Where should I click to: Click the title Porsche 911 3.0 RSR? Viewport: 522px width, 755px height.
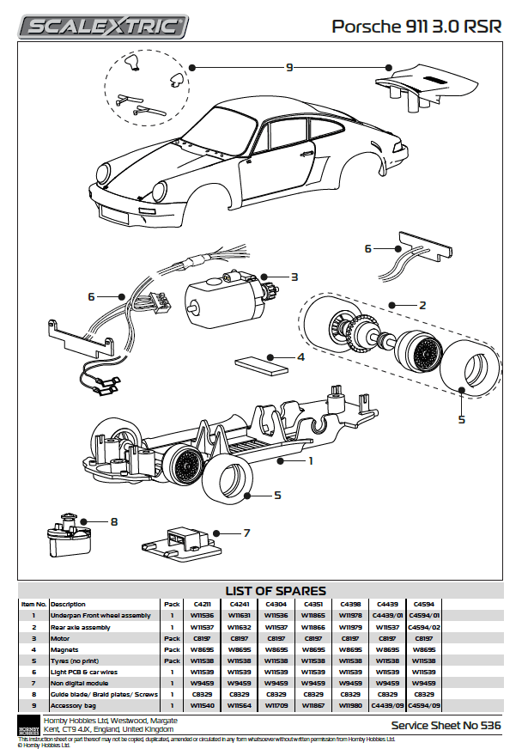[x=416, y=27]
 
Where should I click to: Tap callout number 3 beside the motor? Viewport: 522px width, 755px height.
[x=294, y=277]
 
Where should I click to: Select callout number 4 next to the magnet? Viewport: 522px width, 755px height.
[x=300, y=356]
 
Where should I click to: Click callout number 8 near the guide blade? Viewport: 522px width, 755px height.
[x=113, y=521]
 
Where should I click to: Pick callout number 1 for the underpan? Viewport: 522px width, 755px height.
[x=311, y=460]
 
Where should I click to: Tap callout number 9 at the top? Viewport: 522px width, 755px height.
[x=289, y=67]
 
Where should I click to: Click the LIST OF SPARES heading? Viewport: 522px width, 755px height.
[x=275, y=590]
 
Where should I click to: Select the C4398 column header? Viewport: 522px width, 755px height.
[x=349, y=604]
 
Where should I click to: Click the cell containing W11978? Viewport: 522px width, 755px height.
[x=349, y=616]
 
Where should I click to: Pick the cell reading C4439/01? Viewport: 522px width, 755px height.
[x=386, y=616]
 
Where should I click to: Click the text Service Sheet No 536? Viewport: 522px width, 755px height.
[x=446, y=726]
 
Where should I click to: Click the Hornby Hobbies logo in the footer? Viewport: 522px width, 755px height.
[x=28, y=724]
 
